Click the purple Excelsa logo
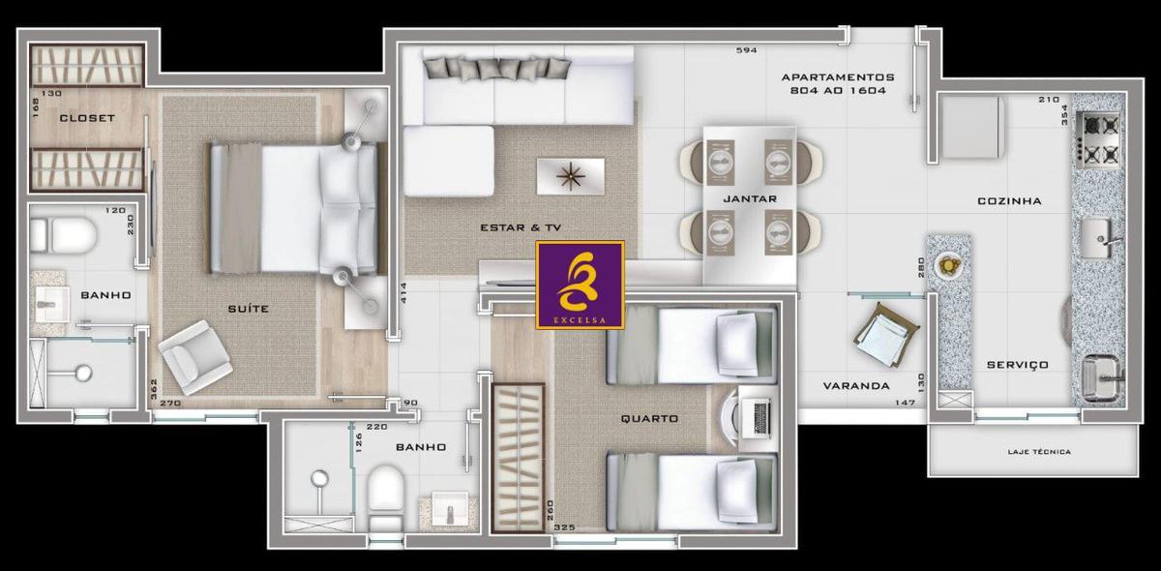(580, 285)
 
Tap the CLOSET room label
(87, 118)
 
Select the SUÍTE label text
(249, 309)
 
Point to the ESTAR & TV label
(521, 227)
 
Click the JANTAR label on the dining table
(750, 198)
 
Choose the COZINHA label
(1009, 200)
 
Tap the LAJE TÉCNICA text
(1039, 452)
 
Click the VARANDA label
(856, 386)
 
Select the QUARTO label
(649, 418)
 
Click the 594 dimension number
(746, 50)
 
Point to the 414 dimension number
(403, 292)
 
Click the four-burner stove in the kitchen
(1098, 140)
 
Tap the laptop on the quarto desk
(757, 418)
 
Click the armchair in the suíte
(194, 357)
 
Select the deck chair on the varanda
(886, 335)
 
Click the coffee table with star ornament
(571, 176)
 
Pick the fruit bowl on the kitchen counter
(949, 265)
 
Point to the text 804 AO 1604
(838, 90)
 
